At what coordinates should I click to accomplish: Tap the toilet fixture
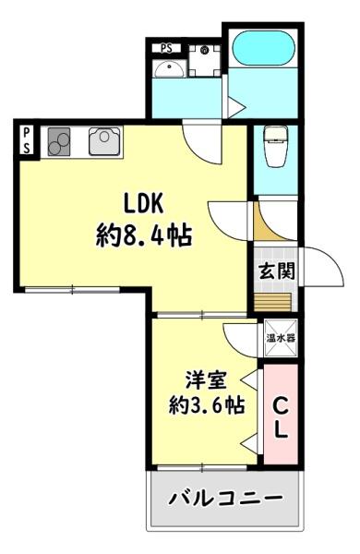point(275,145)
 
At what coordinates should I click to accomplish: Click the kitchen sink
point(102,141)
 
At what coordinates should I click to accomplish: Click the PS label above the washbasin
point(166,47)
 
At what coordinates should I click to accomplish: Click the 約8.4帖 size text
point(144,235)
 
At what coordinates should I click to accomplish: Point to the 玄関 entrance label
point(277,271)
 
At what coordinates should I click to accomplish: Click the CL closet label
point(281,415)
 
